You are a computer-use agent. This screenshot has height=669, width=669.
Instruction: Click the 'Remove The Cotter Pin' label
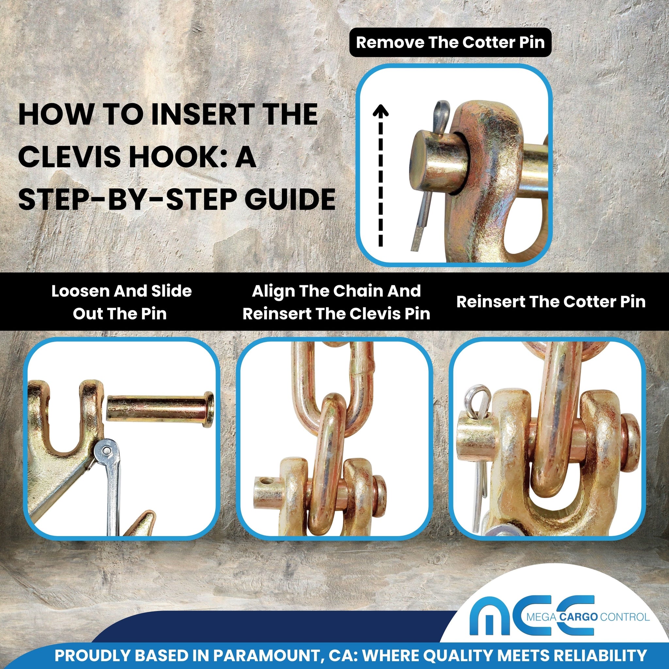[x=450, y=42]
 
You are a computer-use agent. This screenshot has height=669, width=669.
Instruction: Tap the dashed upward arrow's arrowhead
[x=381, y=110]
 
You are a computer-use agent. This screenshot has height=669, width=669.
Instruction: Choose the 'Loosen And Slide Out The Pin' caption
[x=121, y=302]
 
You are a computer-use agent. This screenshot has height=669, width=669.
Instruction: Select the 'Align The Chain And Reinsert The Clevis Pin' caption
[x=336, y=302]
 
